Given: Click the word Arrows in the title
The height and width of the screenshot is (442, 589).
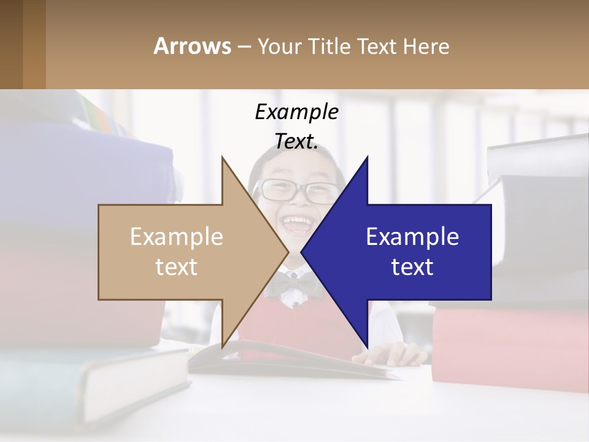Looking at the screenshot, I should coord(192,46).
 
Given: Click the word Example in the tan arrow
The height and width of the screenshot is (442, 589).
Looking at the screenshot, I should coord(177,236).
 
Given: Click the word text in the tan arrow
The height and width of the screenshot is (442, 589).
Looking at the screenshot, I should coord(177,267).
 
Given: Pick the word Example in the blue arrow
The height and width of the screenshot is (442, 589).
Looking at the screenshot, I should coord(412,236).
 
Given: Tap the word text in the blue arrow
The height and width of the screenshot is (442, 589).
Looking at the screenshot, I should coord(412,267).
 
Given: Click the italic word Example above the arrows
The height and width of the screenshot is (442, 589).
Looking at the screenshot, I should coord(296,112).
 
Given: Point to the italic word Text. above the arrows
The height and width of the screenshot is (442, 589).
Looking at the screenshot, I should coord(296,141).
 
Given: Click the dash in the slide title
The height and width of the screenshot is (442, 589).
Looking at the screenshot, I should coord(244,47).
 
